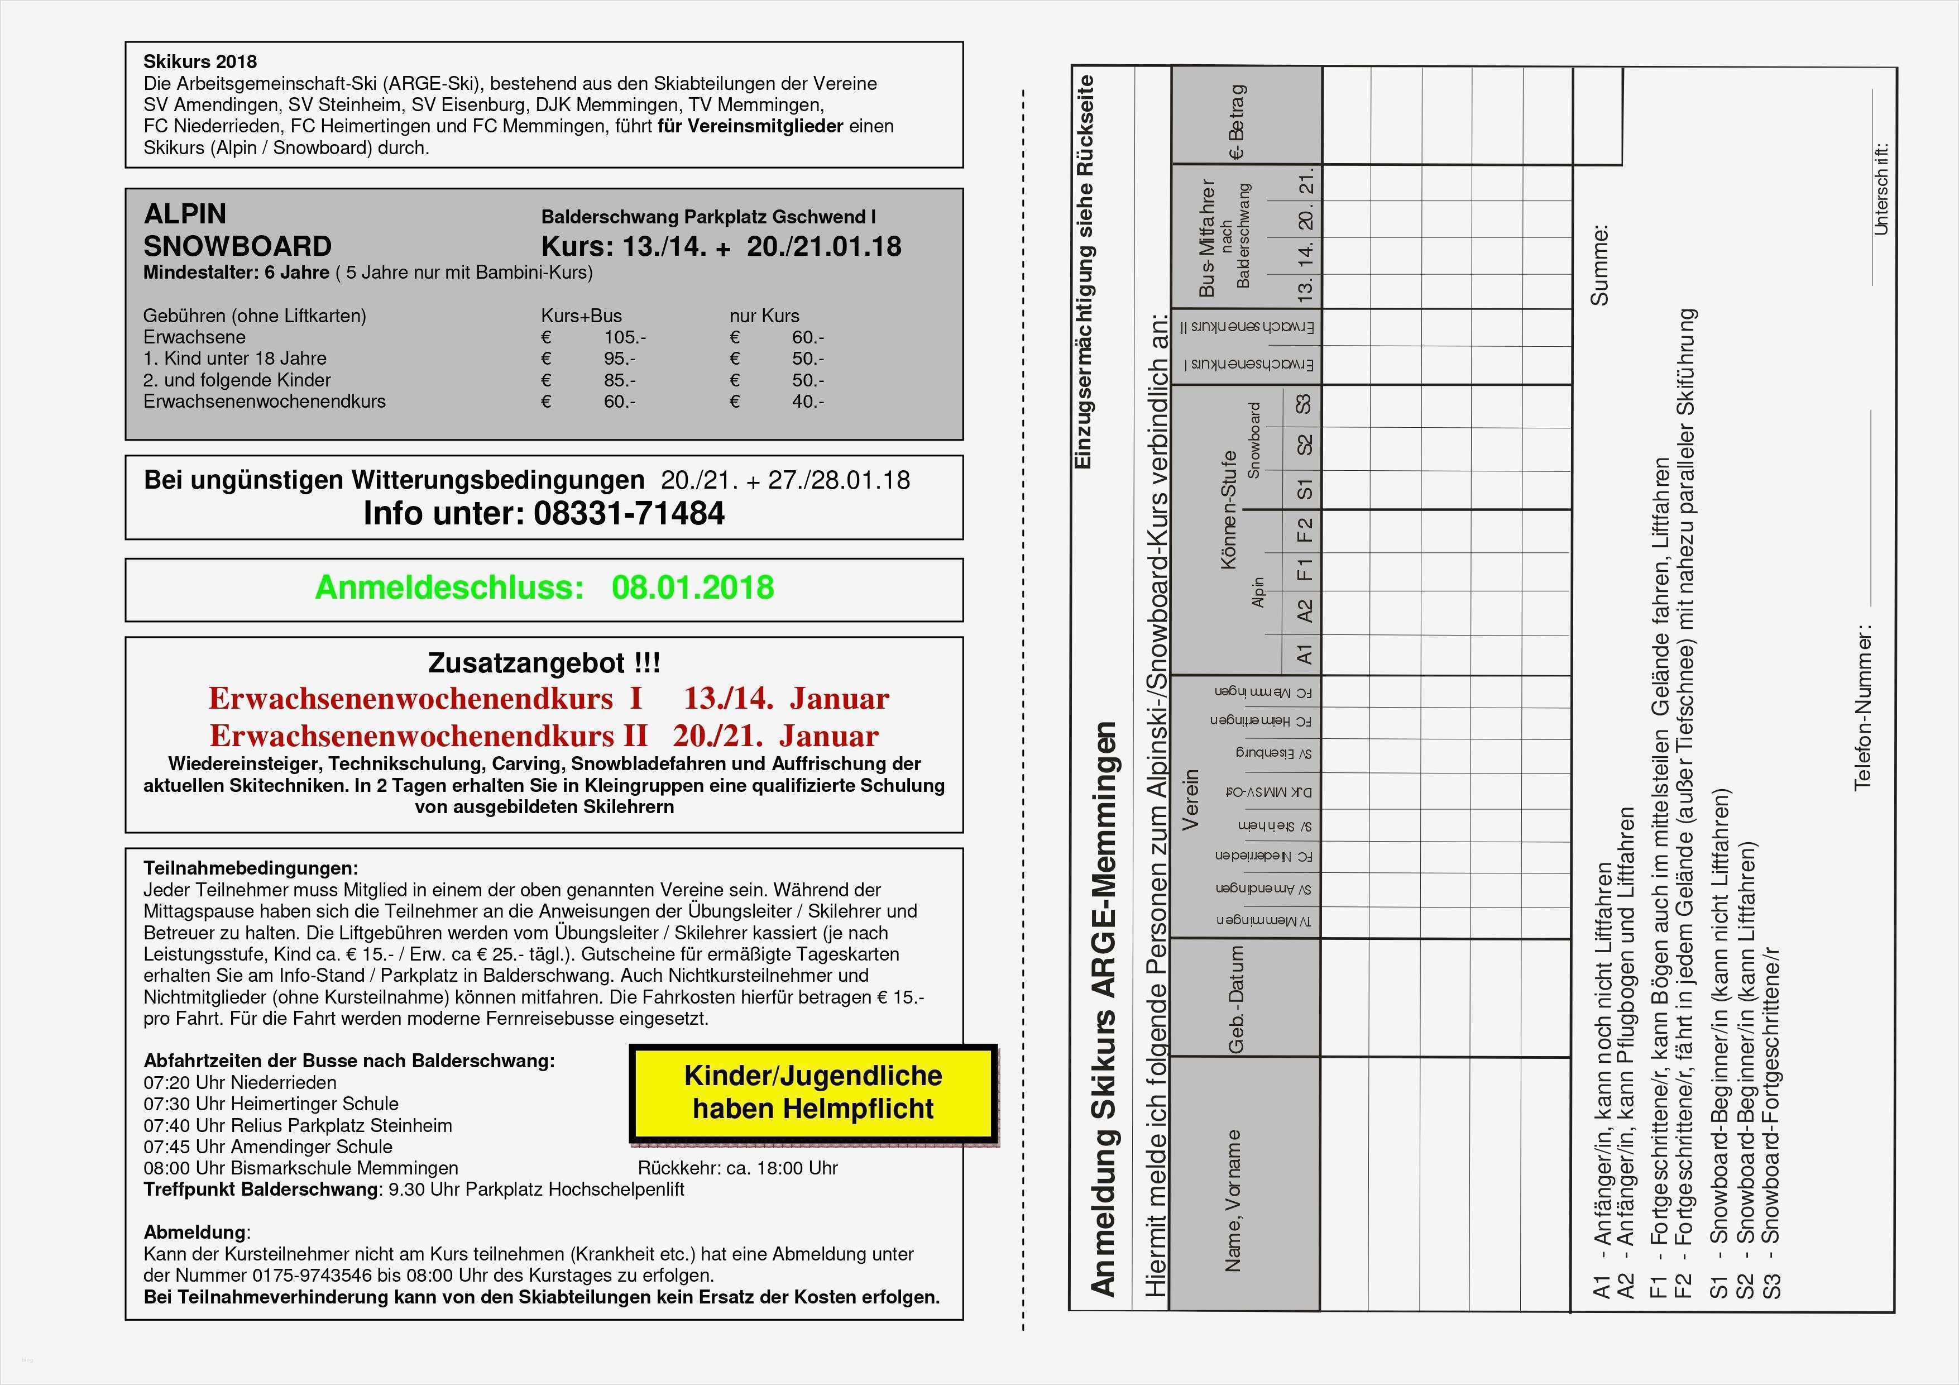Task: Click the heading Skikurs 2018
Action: point(200,61)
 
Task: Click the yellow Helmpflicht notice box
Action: point(813,1092)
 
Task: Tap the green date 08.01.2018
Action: point(692,588)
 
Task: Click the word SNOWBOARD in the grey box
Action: point(237,247)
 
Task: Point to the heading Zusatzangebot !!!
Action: point(544,663)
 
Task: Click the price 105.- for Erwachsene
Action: point(625,337)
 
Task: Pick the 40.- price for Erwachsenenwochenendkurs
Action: point(807,401)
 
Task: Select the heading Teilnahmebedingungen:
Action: point(251,868)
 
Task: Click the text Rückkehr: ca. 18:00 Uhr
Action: point(737,1168)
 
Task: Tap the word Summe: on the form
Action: point(1598,265)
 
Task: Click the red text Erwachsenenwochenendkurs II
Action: point(428,736)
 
